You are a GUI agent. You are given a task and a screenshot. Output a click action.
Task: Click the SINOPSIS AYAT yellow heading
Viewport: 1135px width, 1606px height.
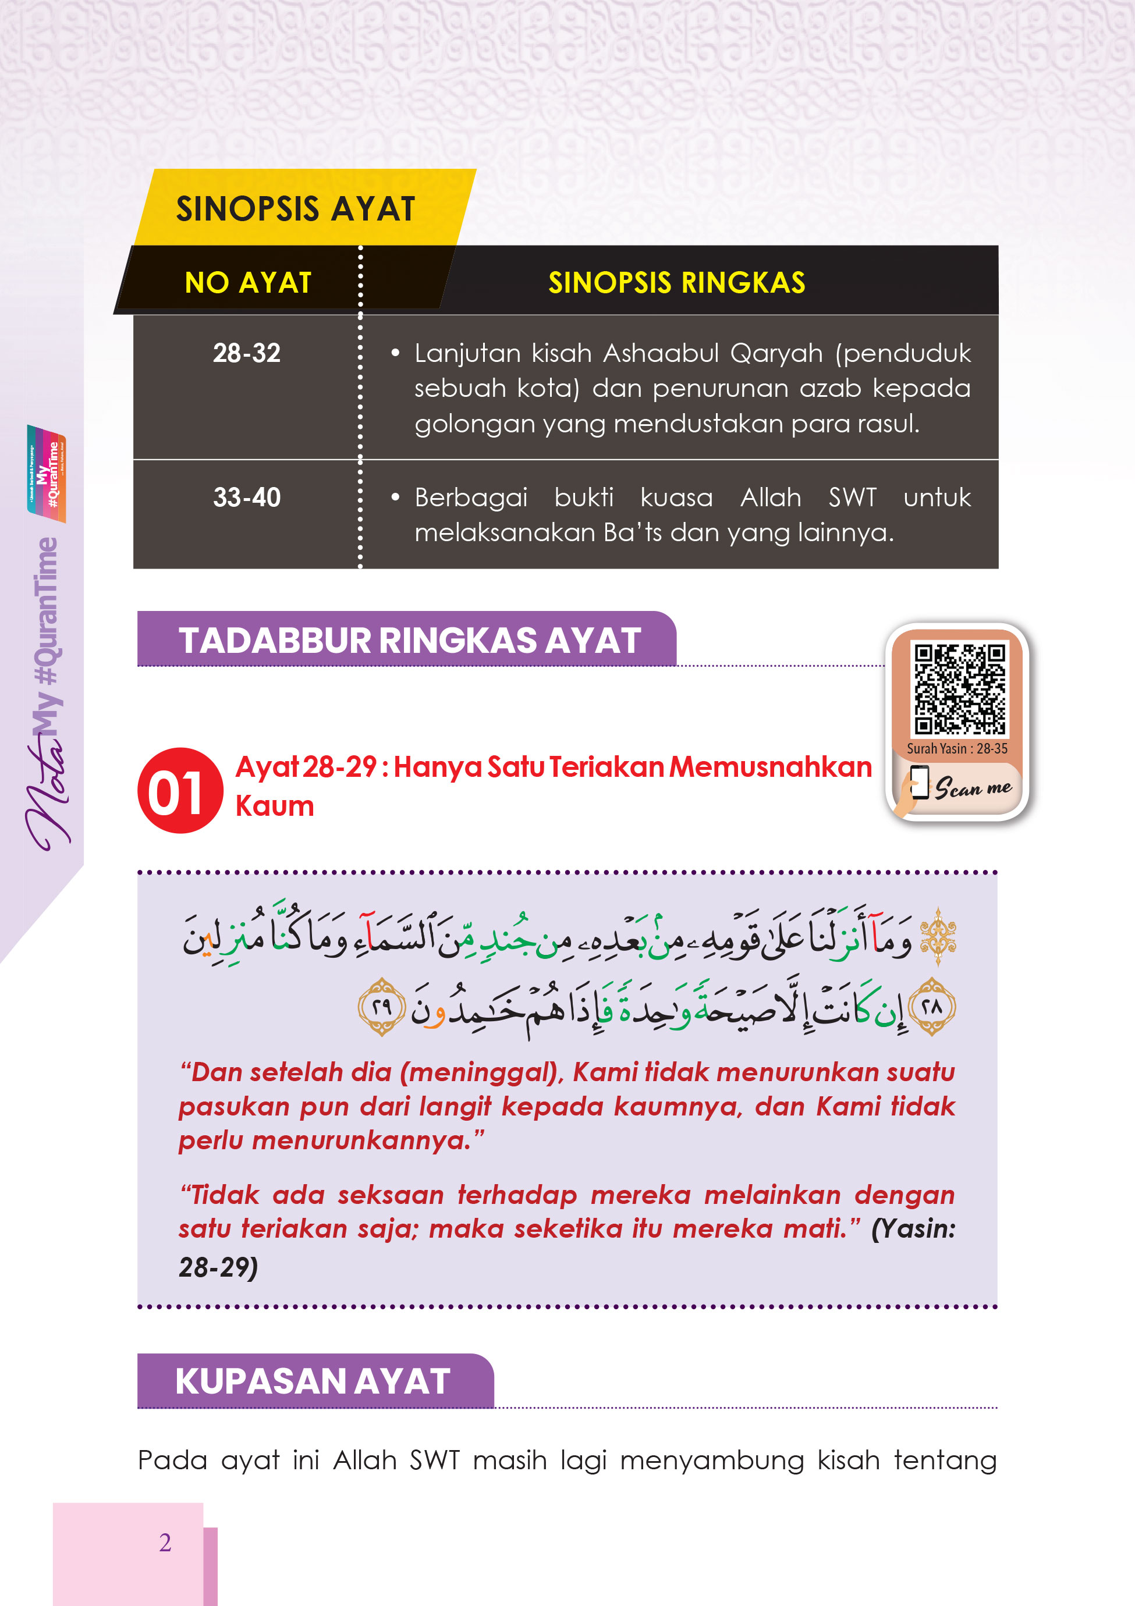click(x=295, y=209)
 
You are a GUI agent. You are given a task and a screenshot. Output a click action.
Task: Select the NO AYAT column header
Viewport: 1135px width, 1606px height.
click(x=248, y=283)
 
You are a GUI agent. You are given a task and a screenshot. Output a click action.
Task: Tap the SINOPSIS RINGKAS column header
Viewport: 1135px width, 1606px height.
click(x=676, y=283)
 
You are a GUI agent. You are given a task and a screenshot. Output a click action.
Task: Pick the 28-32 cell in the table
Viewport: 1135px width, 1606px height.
click(x=246, y=353)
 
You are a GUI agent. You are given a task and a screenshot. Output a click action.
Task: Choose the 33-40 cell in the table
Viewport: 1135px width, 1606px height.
click(x=246, y=498)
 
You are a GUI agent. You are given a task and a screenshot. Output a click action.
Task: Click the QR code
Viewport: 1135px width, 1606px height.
click(x=959, y=688)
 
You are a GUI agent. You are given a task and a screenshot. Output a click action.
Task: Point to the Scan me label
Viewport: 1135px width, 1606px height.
click(x=973, y=788)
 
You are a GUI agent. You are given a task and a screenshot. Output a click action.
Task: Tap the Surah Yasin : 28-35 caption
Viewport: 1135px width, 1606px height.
click(x=956, y=748)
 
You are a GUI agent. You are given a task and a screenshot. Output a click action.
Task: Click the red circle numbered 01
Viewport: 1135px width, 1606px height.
click(x=180, y=790)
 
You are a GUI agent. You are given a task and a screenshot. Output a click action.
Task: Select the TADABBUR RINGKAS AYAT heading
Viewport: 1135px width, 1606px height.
click(x=409, y=640)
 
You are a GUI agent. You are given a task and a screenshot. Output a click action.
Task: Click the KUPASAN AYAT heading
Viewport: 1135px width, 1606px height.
click(x=313, y=1381)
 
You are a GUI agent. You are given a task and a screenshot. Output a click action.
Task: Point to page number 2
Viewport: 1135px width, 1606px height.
click(x=165, y=1543)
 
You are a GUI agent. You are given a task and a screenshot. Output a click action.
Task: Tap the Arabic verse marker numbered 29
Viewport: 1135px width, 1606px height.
click(x=381, y=1007)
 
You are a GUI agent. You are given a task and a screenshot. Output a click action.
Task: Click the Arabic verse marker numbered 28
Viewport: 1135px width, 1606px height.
click(x=932, y=1007)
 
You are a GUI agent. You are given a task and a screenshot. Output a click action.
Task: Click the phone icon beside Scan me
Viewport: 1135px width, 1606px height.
click(x=918, y=783)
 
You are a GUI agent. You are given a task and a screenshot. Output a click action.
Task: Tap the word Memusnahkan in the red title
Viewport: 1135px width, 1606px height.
click(x=771, y=768)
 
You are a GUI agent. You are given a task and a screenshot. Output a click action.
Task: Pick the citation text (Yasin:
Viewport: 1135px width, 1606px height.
click(x=913, y=1229)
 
